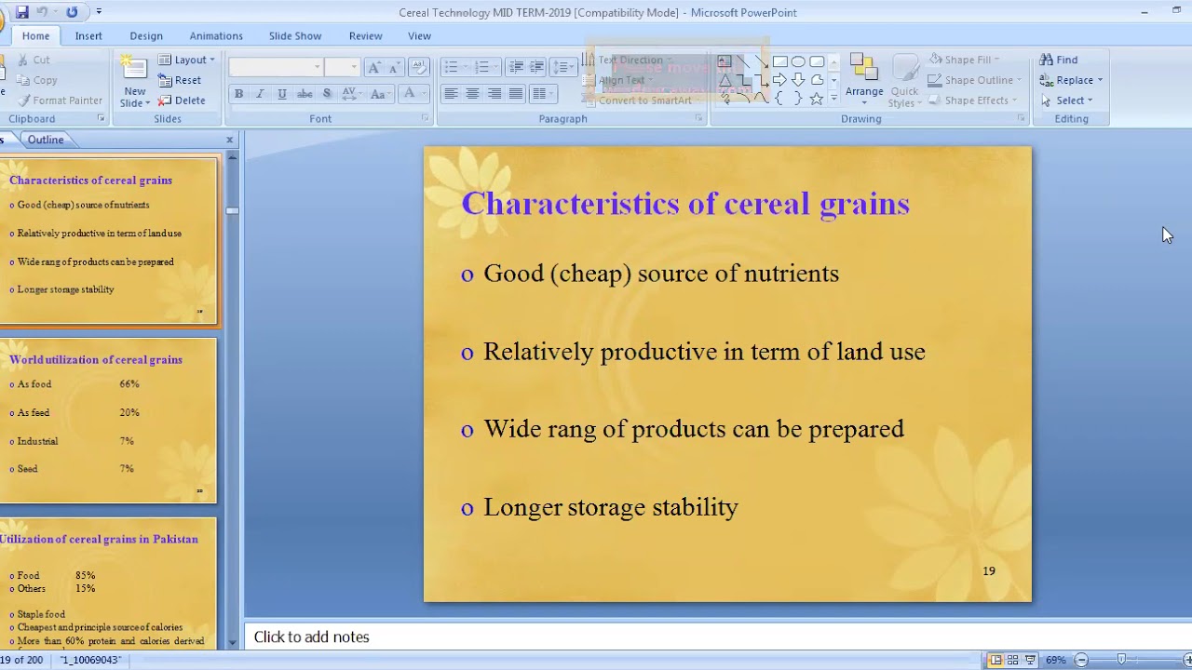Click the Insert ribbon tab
click(88, 36)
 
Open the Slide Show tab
click(294, 36)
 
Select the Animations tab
click(216, 36)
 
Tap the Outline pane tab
click(46, 140)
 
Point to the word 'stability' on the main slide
click(695, 507)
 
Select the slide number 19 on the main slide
click(989, 571)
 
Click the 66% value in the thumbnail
click(129, 384)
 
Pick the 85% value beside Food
click(85, 576)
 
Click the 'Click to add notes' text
click(311, 637)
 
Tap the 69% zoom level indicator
click(1055, 660)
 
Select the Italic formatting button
click(260, 94)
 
